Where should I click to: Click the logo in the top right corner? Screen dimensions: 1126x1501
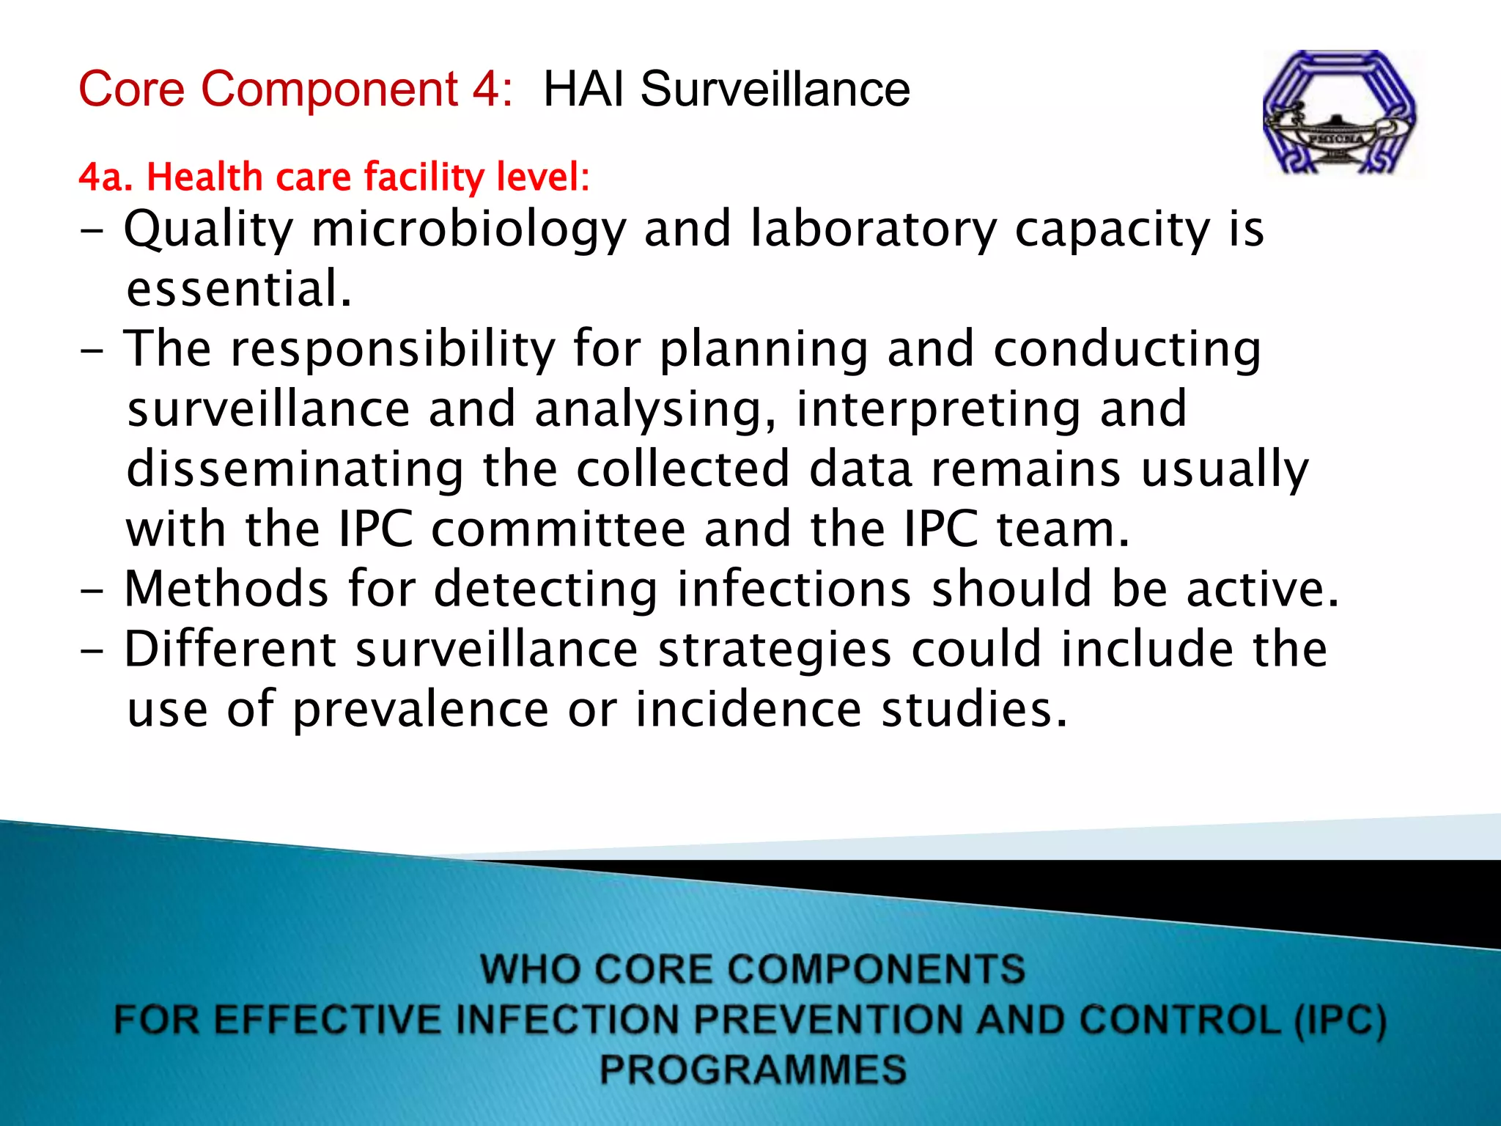pos(1341,113)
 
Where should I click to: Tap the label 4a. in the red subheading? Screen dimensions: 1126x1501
pos(106,177)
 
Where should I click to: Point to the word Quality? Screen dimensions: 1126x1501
pos(208,230)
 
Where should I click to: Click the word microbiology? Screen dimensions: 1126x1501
pos(469,230)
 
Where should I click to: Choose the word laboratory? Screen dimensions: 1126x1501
pos(874,230)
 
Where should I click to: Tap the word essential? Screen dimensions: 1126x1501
pos(239,289)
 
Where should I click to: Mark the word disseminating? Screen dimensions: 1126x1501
pos(295,469)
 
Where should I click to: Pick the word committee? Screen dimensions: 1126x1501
pos(558,529)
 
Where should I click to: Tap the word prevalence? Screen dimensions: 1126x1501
pos(420,710)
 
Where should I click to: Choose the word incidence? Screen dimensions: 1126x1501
pos(748,710)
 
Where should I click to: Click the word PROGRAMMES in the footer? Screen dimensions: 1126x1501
pos(753,1069)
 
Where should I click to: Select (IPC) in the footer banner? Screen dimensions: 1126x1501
pos(1340,1020)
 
